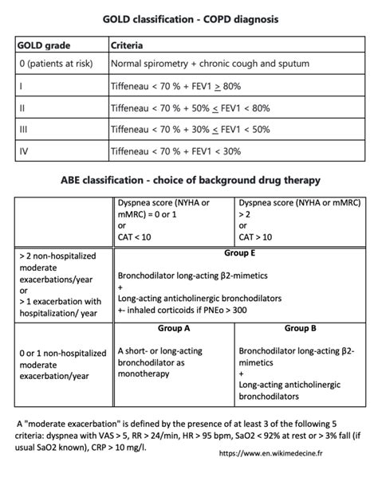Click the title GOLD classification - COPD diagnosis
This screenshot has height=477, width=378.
[x=189, y=17]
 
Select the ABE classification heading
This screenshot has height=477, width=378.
[x=189, y=179]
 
